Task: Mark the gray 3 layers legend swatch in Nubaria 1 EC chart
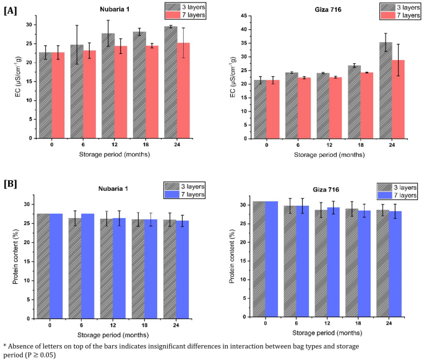coord(174,6)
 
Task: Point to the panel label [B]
coord(10,185)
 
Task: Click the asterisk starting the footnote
coord(4,345)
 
